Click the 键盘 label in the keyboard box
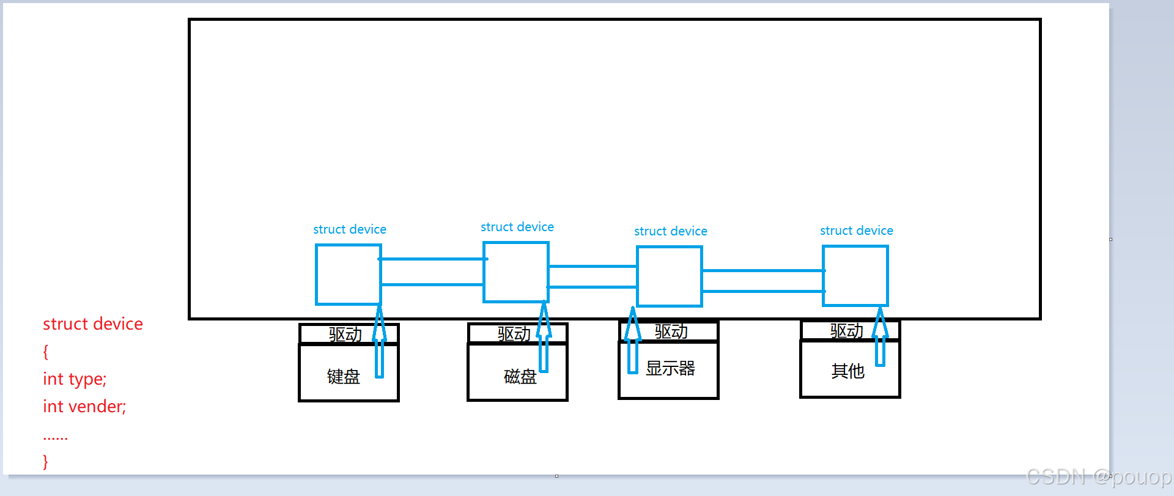(344, 376)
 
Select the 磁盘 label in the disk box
(520, 376)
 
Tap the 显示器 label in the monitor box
(671, 368)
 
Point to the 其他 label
(848, 371)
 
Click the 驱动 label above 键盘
(345, 335)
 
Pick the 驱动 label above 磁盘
(514, 334)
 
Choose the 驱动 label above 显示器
(671, 331)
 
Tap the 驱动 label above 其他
(847, 331)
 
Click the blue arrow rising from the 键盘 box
(379, 340)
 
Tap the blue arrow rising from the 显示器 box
(633, 340)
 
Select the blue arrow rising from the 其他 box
(880, 337)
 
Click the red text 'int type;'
(75, 379)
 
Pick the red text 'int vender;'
(84, 406)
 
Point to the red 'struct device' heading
(93, 324)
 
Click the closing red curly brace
(45, 461)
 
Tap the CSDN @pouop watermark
(1099, 476)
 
